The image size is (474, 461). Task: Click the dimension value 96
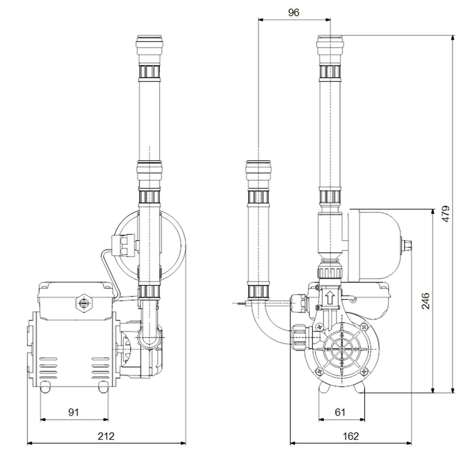point(294,12)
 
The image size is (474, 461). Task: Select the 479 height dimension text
point(446,214)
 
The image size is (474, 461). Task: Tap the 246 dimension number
point(425,301)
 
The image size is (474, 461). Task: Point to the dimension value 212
point(106,436)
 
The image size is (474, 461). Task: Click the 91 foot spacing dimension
point(74,412)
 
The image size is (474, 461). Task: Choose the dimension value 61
point(340,412)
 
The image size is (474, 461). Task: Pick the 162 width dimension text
point(351,436)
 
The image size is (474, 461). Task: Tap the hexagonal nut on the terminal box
point(83,303)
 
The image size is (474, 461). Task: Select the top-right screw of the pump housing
point(364,327)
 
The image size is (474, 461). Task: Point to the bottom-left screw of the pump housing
point(319,372)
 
